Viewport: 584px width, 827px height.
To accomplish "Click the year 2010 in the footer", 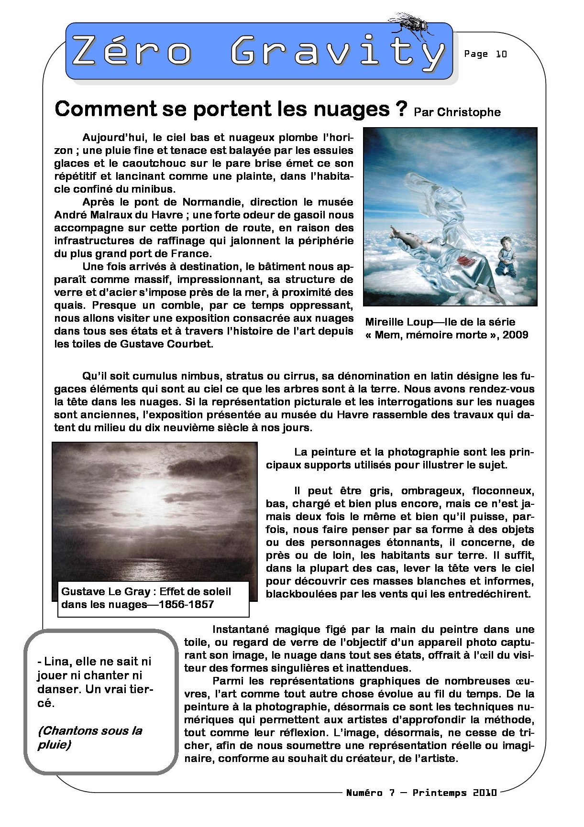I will click(485, 793).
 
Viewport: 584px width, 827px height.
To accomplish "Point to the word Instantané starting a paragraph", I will click(242, 630).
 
